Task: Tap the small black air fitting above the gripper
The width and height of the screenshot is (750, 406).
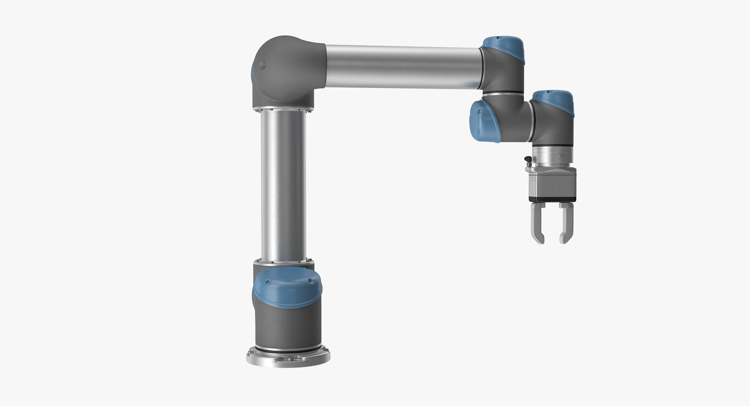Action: coord(528,160)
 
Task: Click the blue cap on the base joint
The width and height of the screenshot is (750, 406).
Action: coord(287,287)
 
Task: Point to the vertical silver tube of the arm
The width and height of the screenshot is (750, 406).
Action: coord(283,185)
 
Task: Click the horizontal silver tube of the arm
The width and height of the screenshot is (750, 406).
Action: coord(403,66)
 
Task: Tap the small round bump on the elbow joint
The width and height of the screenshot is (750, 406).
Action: coord(262,65)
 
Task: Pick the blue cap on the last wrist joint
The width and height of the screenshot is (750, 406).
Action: coord(553,100)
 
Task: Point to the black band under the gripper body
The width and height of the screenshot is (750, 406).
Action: coord(552,199)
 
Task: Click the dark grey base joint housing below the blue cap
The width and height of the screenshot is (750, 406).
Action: coord(288,325)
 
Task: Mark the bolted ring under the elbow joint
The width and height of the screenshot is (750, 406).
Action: coord(283,108)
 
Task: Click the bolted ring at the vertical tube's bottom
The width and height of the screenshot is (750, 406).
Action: coord(283,262)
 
